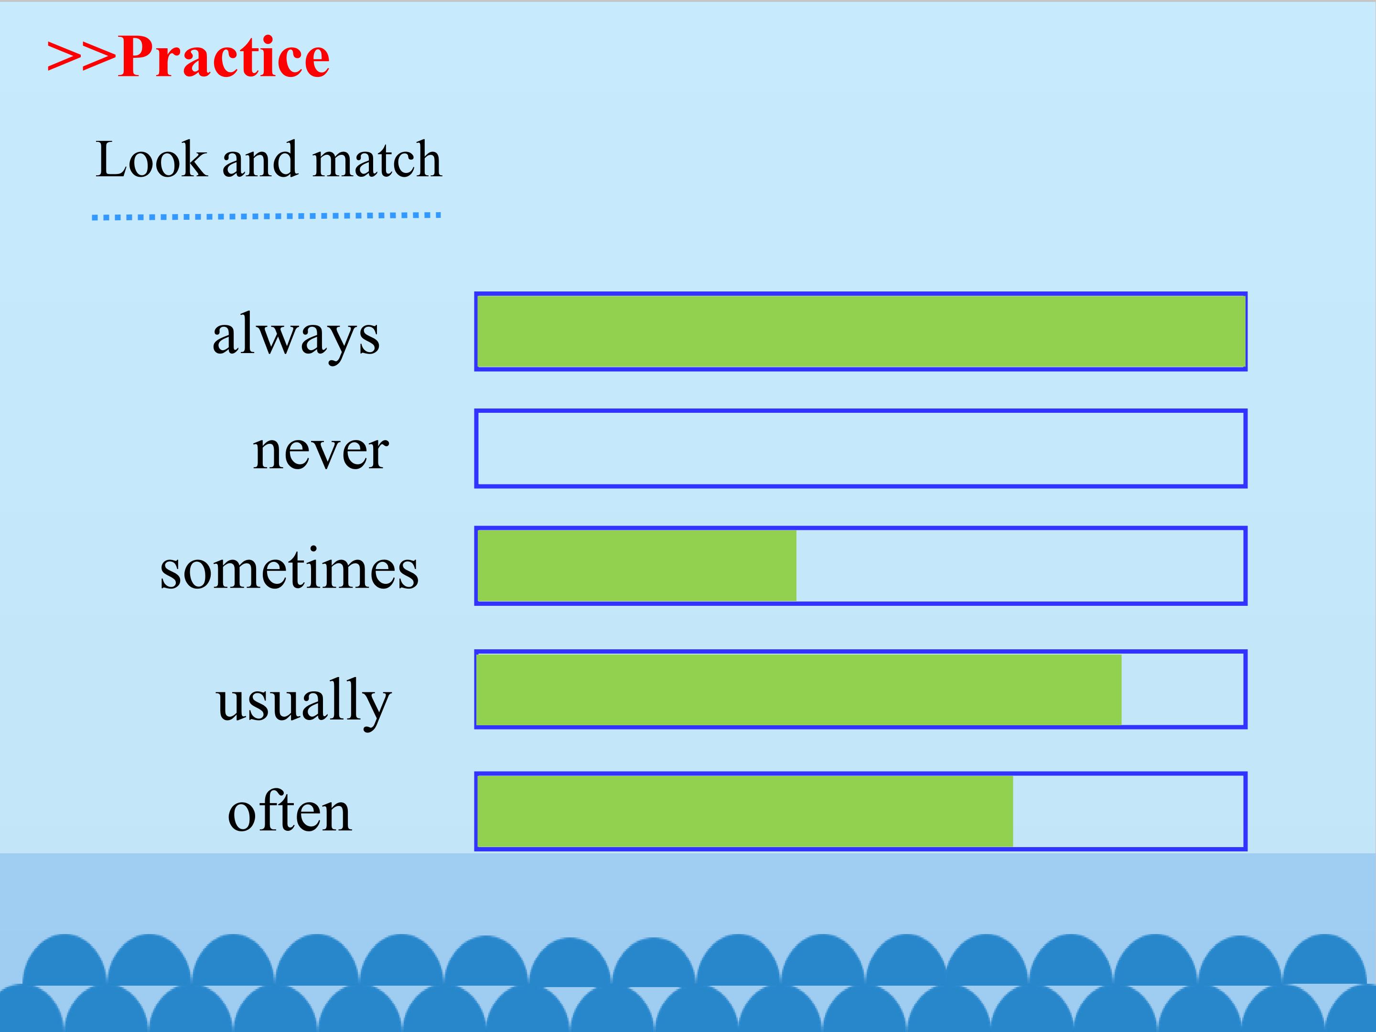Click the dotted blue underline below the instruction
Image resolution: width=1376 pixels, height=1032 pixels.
(266, 216)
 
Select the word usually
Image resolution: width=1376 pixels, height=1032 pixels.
(303, 702)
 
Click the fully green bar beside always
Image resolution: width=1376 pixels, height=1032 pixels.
(861, 332)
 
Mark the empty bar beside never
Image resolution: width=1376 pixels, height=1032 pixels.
(861, 449)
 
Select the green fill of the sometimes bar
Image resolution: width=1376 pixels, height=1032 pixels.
(637, 566)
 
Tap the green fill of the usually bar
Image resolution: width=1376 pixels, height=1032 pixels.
(799, 689)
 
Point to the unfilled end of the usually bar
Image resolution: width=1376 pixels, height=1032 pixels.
(1182, 689)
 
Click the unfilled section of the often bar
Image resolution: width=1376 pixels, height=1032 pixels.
(1129, 811)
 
